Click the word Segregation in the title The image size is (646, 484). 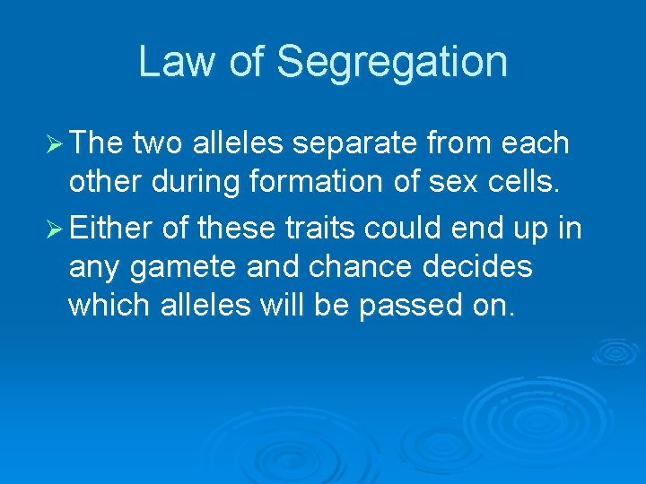[x=392, y=63]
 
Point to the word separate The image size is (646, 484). [x=345, y=143]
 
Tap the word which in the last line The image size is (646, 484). [x=109, y=306]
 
